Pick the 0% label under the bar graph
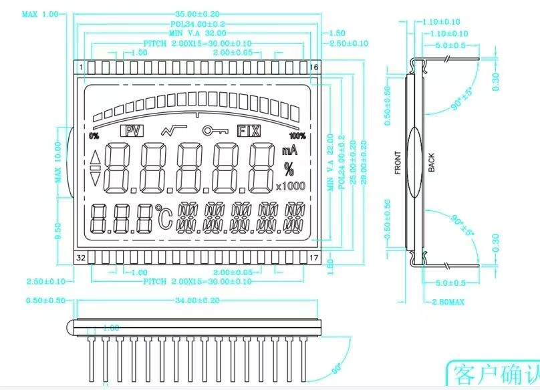pos(94,136)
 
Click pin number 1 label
pos(82,68)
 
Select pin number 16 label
pos(313,68)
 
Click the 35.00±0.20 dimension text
pos(198,13)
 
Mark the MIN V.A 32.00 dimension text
pos(198,32)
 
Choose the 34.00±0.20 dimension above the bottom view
pos(198,301)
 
